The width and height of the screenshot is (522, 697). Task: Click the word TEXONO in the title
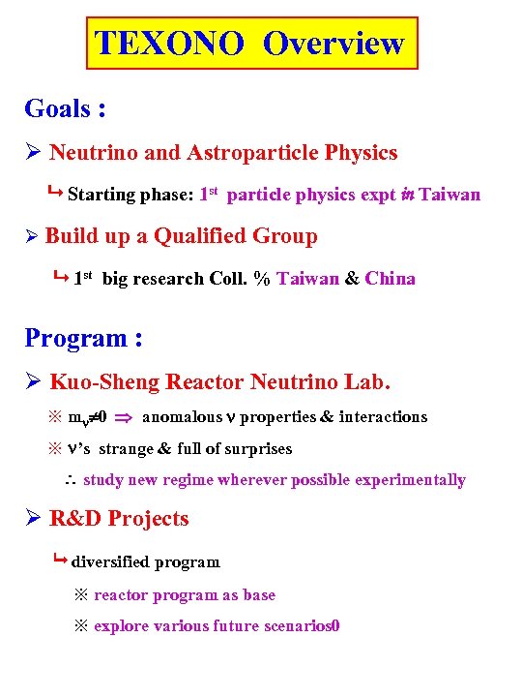pyautogui.click(x=170, y=44)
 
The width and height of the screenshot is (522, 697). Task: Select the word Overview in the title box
pyautogui.click(x=333, y=44)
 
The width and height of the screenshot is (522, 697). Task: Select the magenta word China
pyautogui.click(x=391, y=279)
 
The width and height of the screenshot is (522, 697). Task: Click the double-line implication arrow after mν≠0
pyautogui.click(x=124, y=418)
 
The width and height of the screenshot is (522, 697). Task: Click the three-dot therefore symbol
pyautogui.click(x=69, y=481)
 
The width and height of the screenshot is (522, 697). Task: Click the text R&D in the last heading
pyautogui.click(x=75, y=519)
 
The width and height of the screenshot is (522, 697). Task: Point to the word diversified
pyautogui.click(x=110, y=562)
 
